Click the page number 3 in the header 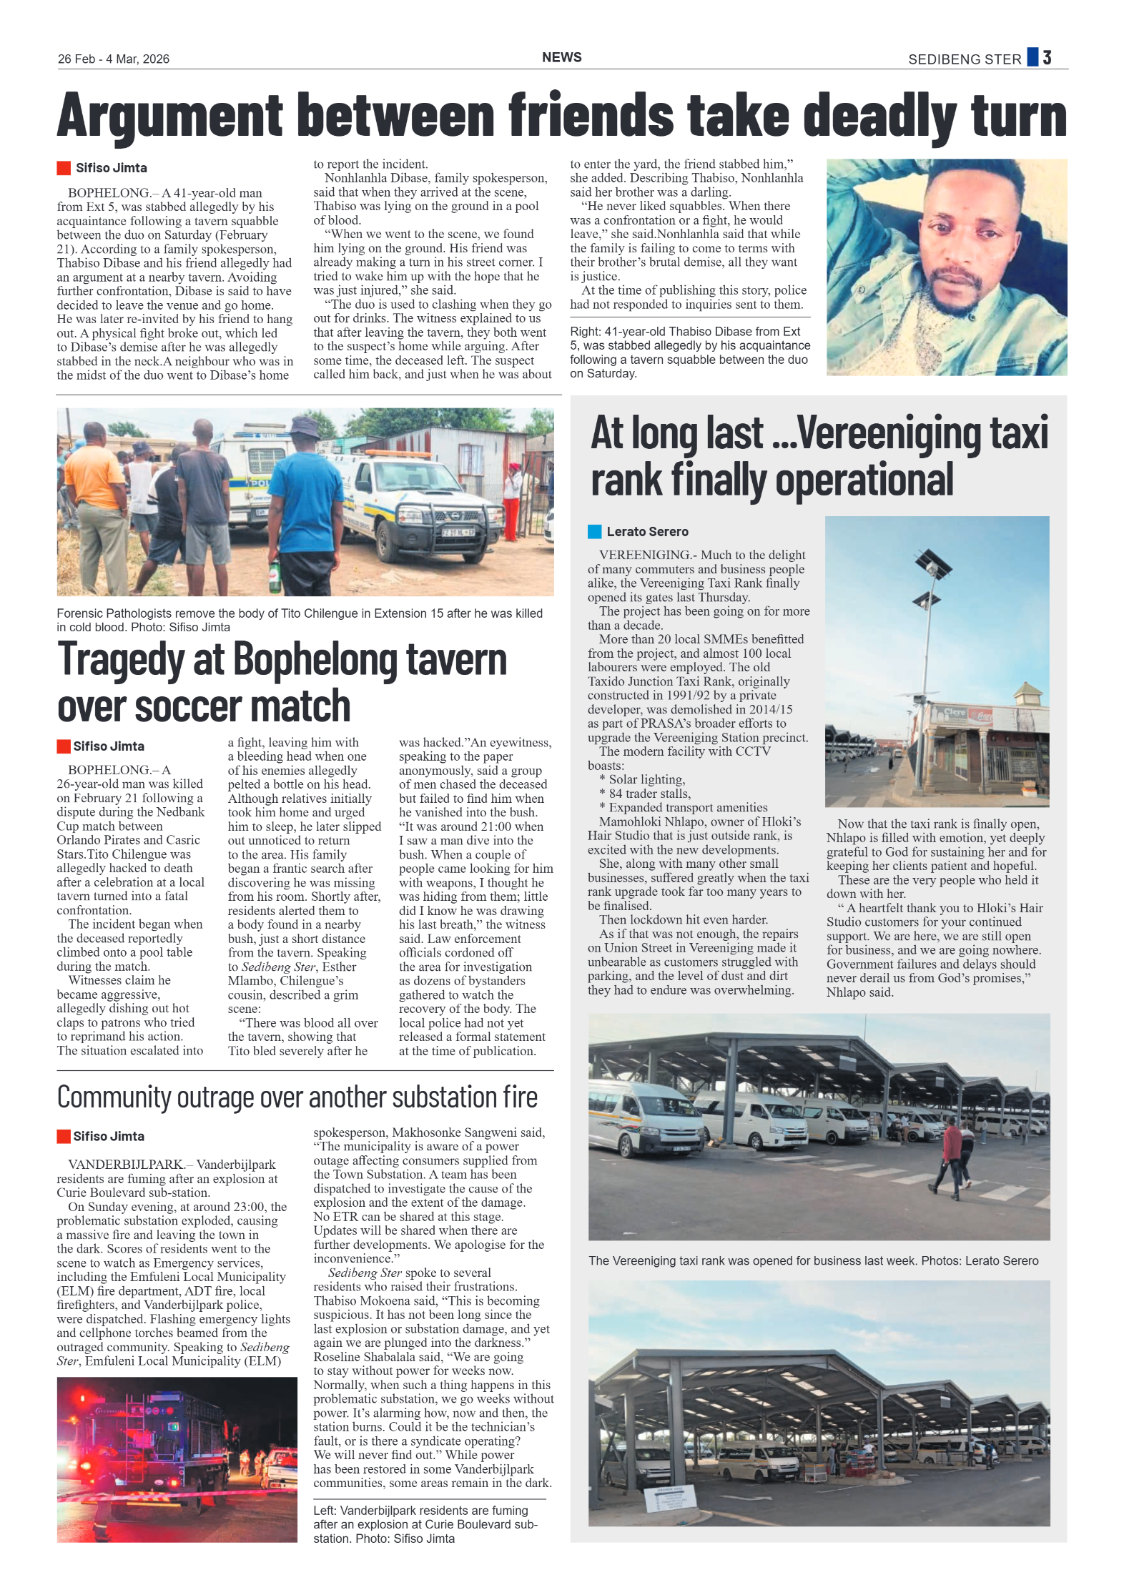click(x=1047, y=58)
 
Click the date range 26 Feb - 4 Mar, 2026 click(x=114, y=59)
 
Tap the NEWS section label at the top click(x=561, y=58)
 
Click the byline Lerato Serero click(x=647, y=532)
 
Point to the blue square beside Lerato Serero click(x=594, y=532)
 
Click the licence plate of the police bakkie click(x=458, y=533)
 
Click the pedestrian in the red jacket click(x=952, y=1147)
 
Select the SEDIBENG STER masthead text click(x=964, y=59)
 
